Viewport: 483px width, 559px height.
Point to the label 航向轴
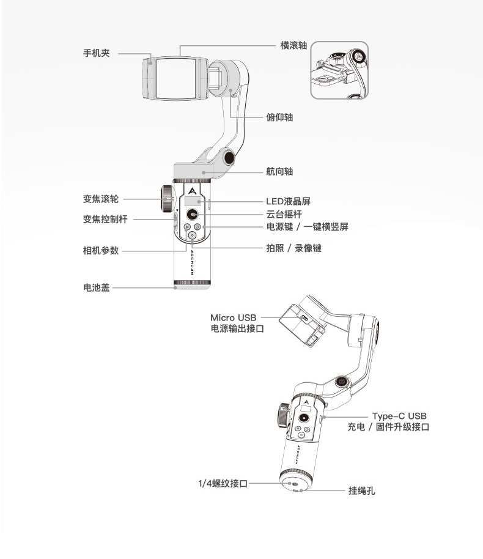279,172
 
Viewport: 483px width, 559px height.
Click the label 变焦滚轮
101,199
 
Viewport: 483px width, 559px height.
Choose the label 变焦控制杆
105,219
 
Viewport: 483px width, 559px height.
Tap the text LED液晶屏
292,201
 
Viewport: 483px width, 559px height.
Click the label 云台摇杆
284,214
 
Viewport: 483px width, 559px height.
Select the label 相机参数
101,250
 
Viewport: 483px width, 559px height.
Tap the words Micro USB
234,317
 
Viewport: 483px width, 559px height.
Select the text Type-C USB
399,416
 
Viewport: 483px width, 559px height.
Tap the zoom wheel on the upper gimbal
167,197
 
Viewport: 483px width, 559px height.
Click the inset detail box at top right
339,70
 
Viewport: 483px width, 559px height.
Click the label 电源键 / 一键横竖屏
307,226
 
